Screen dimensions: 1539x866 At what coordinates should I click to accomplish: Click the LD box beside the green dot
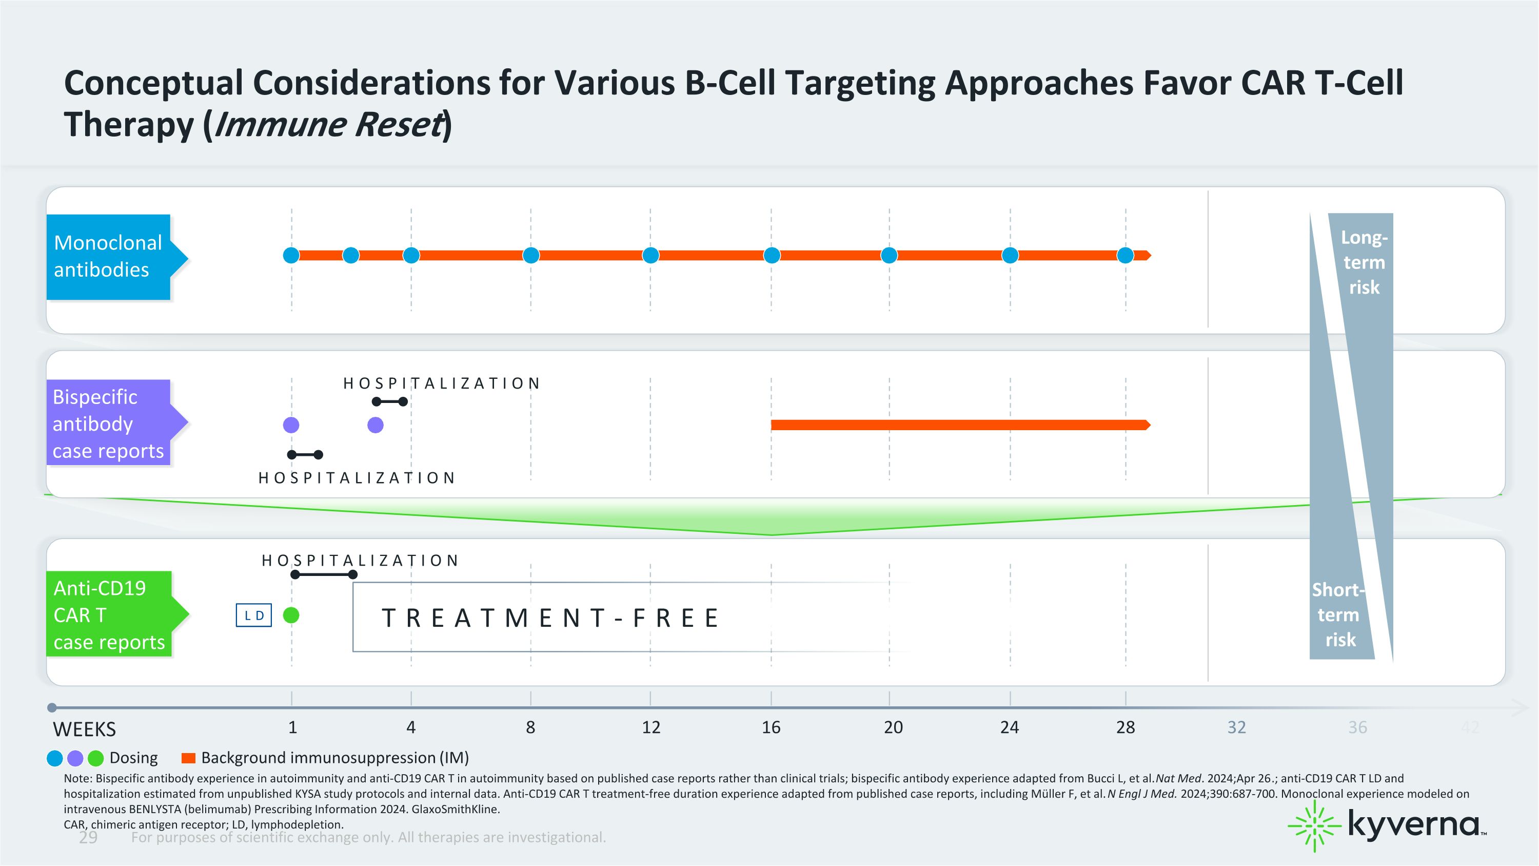254,615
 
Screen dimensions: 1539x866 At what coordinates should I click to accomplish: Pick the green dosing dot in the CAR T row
291,615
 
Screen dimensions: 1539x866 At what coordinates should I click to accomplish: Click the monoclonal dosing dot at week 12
650,256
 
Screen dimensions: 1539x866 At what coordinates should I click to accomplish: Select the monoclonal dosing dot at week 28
1126,256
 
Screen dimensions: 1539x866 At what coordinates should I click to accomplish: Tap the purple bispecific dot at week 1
291,425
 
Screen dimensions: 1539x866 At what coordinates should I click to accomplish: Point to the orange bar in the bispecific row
961,425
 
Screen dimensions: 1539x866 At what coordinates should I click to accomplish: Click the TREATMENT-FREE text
550,618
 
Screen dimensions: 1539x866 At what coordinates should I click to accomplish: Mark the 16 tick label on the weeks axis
771,727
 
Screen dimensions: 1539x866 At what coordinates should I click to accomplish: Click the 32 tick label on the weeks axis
1237,727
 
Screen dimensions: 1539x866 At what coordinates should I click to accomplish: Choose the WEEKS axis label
84,729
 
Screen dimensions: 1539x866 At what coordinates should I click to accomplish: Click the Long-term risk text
1364,262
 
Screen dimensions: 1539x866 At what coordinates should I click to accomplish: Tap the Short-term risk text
1339,615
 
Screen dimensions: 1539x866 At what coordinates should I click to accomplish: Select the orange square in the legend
188,758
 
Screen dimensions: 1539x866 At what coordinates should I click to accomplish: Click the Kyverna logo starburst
1314,826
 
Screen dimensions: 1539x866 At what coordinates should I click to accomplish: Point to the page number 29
88,837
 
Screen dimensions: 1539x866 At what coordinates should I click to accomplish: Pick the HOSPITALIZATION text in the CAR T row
360,560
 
